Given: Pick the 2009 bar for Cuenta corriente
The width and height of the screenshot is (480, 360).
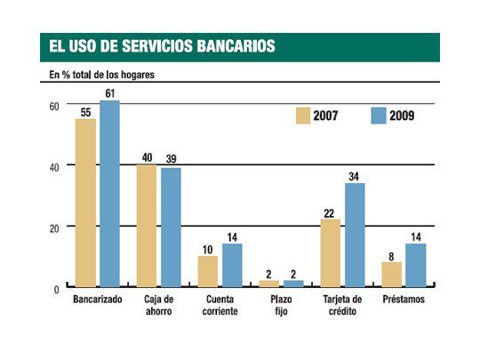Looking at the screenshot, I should (x=232, y=264).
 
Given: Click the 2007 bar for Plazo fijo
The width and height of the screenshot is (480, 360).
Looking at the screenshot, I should (x=269, y=283).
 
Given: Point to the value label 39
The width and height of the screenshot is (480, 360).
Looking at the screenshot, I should (x=171, y=159).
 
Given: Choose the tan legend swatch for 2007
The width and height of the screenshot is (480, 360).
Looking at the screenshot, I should (x=302, y=115).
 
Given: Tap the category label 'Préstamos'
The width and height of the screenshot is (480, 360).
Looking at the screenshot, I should (x=404, y=300).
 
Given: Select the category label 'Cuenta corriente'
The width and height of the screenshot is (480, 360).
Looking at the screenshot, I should (x=220, y=306).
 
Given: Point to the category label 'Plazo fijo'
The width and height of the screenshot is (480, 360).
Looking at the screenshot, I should (x=281, y=306).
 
